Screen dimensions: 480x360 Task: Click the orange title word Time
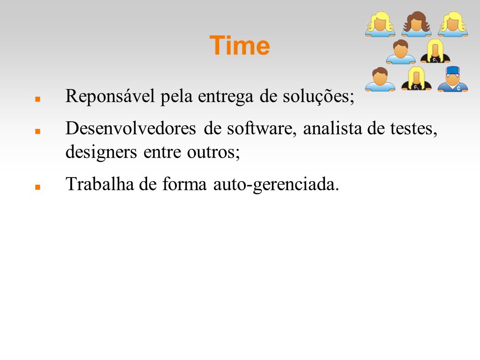240,45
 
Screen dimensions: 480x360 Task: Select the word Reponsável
110,97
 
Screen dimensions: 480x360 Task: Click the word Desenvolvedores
131,128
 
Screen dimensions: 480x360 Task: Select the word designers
101,152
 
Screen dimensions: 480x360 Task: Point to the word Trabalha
100,184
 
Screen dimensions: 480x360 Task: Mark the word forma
184,184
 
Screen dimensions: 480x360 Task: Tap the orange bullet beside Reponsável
38,99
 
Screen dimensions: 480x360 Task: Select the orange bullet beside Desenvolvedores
38,132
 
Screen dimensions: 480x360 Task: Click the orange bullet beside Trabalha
38,187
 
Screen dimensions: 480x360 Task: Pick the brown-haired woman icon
416,24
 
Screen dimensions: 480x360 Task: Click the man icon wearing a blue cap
453,79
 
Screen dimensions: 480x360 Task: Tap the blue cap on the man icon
453,70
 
